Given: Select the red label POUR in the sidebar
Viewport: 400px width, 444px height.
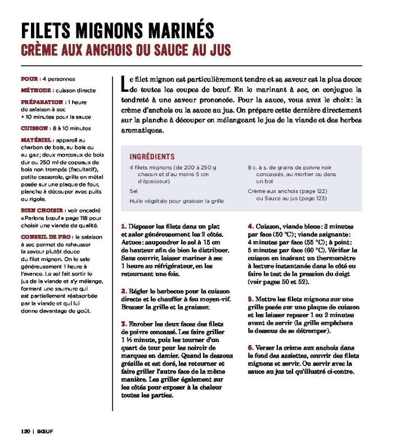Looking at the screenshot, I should tap(29, 79).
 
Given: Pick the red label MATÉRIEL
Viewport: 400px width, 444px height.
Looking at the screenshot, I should tap(37, 140).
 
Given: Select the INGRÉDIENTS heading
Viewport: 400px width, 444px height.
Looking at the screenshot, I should tap(152, 156).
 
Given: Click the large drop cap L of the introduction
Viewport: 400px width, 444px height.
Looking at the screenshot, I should tap(125, 84).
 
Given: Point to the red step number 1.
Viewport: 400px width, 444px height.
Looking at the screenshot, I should tap(123, 226).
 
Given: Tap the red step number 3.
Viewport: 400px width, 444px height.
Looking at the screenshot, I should tap(124, 324).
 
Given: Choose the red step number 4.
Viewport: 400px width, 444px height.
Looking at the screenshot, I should tap(250, 226).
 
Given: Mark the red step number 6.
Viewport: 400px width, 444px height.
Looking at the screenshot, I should tap(250, 348).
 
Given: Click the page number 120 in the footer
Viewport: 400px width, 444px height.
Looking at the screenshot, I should tap(25, 432).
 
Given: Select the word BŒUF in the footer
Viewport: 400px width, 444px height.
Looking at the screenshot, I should tap(44, 432).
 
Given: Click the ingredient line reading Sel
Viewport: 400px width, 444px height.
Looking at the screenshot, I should tap(133, 191).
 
